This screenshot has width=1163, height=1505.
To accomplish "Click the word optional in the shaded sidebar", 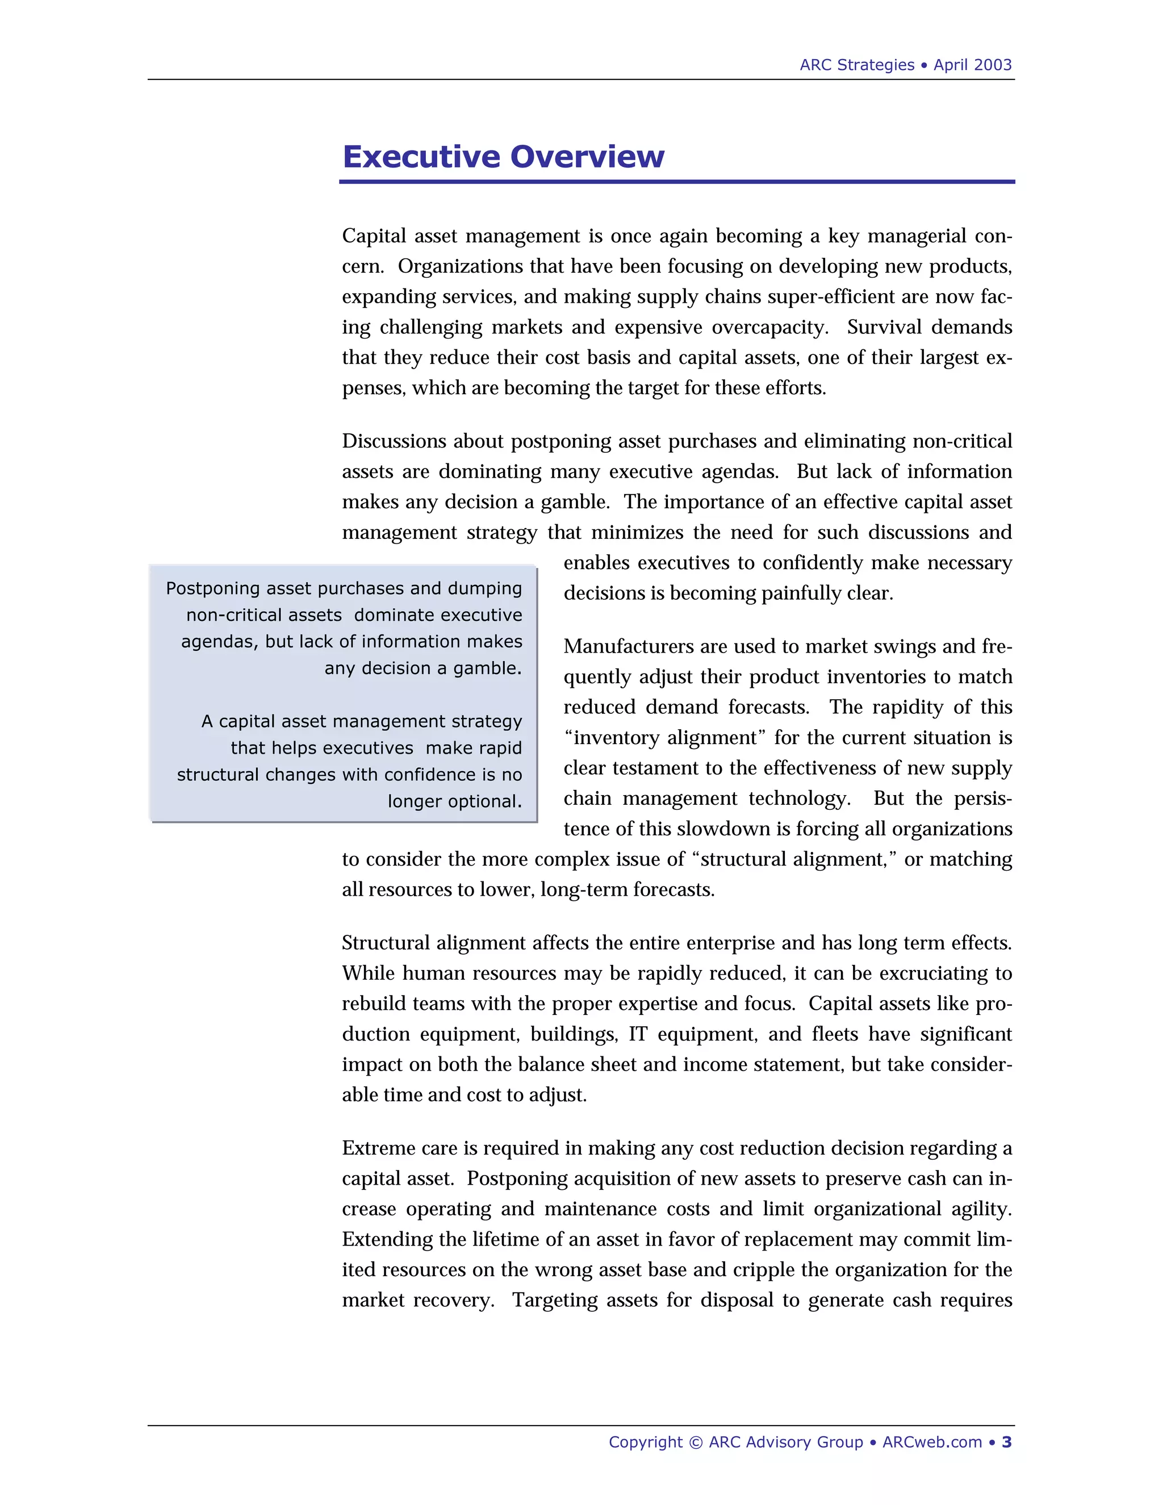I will pyautogui.click(x=488, y=801).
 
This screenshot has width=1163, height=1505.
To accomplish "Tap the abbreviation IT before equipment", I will pyautogui.click(x=637, y=1034).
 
